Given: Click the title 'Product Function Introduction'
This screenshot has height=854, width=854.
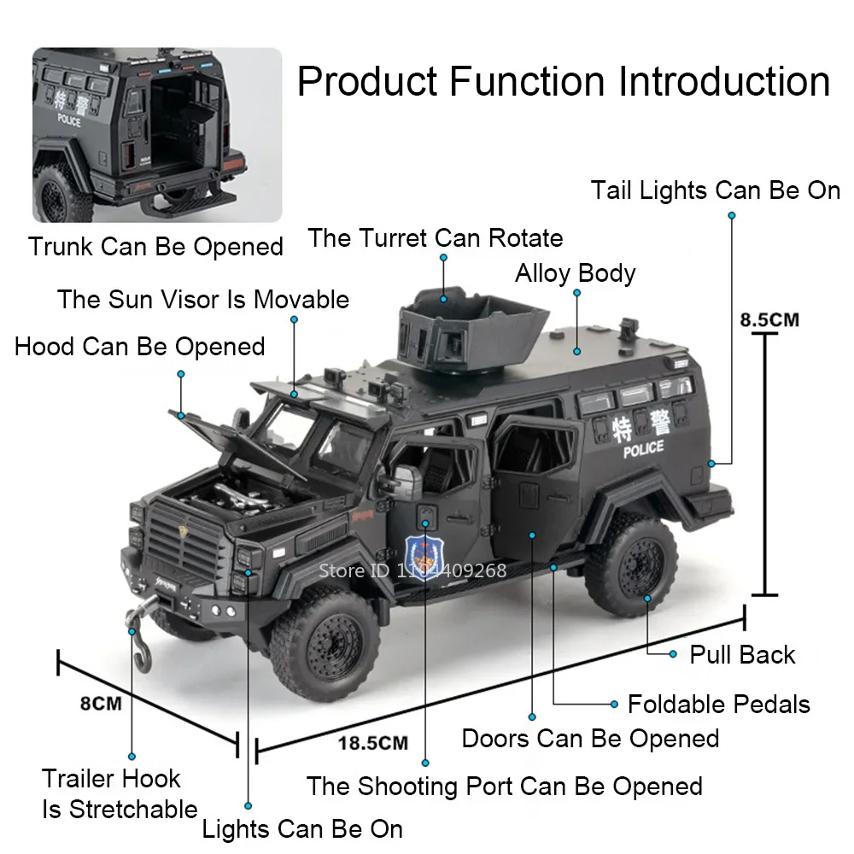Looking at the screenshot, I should (x=564, y=82).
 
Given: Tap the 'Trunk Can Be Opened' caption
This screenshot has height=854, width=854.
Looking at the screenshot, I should (x=155, y=247).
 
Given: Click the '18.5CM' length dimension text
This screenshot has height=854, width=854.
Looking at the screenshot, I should (x=373, y=742).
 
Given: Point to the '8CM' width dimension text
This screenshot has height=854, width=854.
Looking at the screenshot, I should (x=101, y=705).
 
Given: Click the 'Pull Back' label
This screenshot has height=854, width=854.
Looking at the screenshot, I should (x=742, y=655).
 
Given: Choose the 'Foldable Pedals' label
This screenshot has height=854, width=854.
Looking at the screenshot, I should (x=718, y=705).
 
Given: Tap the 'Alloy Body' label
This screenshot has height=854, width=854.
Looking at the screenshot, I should (x=576, y=273).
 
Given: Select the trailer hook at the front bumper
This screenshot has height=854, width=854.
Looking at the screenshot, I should (x=141, y=636).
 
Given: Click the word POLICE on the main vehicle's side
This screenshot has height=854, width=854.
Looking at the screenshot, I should (x=643, y=449).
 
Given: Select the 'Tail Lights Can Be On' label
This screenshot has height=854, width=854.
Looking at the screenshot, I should (x=716, y=190).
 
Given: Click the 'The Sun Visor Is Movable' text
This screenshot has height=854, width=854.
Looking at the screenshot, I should (x=203, y=300).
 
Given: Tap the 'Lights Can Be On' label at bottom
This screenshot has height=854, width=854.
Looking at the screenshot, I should (x=302, y=828).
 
